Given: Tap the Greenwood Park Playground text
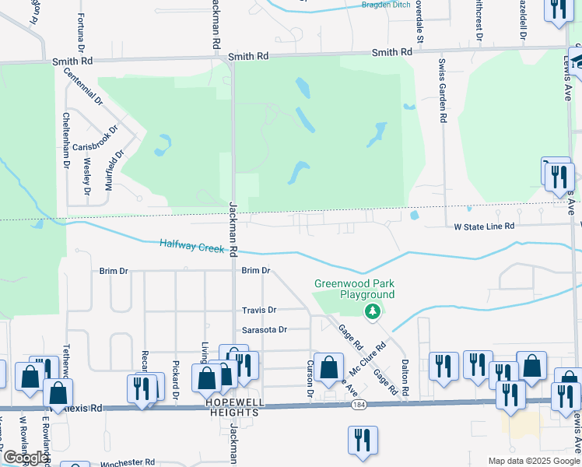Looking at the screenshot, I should pos(354,289).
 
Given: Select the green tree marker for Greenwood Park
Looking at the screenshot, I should pos(373,311).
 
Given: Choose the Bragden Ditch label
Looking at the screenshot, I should pos(386,5).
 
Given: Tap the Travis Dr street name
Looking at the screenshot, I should pos(259,310).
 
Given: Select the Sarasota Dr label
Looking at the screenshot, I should pos(265,329).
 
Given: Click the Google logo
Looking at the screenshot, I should pos(26,458).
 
